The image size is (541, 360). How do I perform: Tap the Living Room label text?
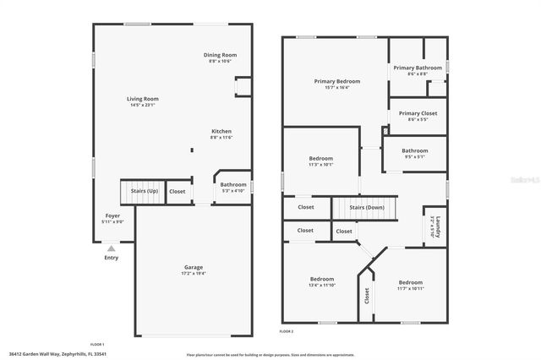pyautogui.click(x=144, y=99)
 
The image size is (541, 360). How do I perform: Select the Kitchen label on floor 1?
pyautogui.click(x=221, y=131)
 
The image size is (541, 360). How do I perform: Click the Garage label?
pyautogui.click(x=194, y=267)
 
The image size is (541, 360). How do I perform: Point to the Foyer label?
pyautogui.click(x=112, y=216)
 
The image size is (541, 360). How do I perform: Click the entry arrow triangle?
pyautogui.click(x=111, y=248)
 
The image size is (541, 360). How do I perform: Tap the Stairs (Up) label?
pyautogui.click(x=144, y=191)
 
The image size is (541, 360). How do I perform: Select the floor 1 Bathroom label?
pyautogui.click(x=233, y=184)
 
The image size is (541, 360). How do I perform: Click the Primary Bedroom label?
pyautogui.click(x=337, y=81)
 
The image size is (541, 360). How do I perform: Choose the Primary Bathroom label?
pyautogui.click(x=418, y=68)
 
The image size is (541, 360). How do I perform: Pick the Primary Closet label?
pyautogui.click(x=418, y=113)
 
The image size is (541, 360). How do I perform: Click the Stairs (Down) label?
pyautogui.click(x=367, y=207)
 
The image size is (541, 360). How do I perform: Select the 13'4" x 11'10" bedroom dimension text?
pyautogui.click(x=322, y=286)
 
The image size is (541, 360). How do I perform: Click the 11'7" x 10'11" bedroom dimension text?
pyautogui.click(x=411, y=289)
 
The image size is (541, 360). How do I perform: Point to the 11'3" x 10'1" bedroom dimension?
pyautogui.click(x=320, y=165)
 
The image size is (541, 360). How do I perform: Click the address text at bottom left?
pyautogui.click(x=57, y=355)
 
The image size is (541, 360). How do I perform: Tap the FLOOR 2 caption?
pyautogui.click(x=287, y=331)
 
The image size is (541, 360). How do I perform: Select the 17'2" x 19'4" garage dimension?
pyautogui.click(x=194, y=274)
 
